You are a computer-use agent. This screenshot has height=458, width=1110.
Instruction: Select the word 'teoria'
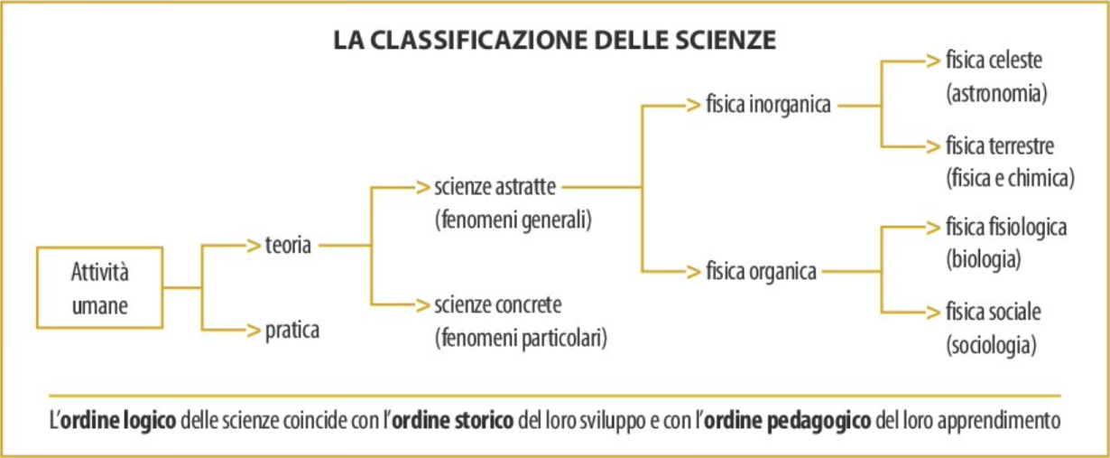click(x=288, y=245)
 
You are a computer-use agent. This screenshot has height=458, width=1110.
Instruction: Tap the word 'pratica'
click(x=292, y=331)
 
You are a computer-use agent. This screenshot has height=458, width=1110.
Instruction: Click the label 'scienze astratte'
click(x=495, y=187)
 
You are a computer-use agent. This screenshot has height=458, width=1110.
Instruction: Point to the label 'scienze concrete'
click(x=498, y=304)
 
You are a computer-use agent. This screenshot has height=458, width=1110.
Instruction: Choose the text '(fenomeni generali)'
click(x=513, y=220)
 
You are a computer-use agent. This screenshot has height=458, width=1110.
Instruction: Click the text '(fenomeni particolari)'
click(x=522, y=339)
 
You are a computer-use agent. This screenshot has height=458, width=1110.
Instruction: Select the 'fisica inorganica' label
click(x=768, y=105)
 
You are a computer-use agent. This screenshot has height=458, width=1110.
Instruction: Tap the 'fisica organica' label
click(x=761, y=271)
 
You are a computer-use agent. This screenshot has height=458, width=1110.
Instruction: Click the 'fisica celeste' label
click(x=994, y=60)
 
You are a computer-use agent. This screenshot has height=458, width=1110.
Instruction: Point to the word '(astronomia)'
click(x=996, y=93)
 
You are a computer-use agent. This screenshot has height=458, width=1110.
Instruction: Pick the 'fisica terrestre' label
click(x=1000, y=145)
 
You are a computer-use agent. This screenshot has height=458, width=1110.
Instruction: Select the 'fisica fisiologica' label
click(x=1006, y=228)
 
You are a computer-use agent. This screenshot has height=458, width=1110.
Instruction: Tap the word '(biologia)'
click(x=984, y=259)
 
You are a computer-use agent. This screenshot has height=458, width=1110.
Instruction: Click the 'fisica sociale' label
click(x=993, y=313)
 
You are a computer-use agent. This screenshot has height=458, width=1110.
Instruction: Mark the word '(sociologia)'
click(x=991, y=345)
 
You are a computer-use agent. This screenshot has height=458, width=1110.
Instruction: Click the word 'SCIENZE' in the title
click(x=726, y=40)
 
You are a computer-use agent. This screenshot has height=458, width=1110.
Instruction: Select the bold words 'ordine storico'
click(x=452, y=421)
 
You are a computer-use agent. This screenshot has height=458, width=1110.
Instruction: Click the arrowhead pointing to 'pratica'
click(x=254, y=330)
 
